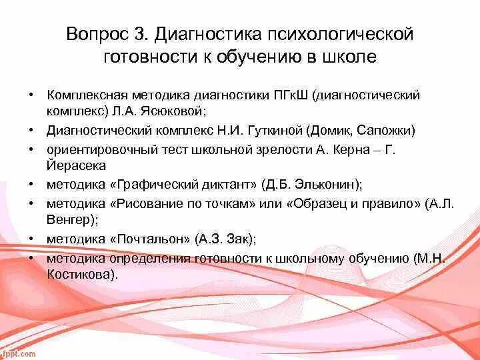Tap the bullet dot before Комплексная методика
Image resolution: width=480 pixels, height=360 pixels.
(31, 95)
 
